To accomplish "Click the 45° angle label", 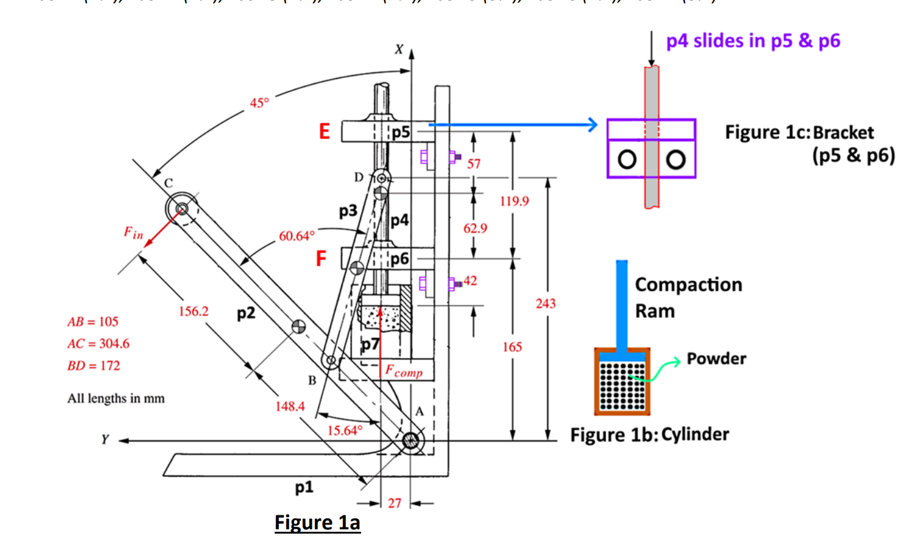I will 259,103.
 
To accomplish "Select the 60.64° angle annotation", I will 297,236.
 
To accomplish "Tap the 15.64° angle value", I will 345,431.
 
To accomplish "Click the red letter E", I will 325,132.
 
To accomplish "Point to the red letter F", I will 321,259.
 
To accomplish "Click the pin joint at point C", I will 181,209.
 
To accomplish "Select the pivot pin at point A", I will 411,440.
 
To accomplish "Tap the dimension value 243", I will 546,303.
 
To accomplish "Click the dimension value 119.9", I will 514,201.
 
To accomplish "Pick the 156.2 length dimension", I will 193,311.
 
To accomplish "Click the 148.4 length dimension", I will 290,406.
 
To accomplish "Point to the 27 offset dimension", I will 395,503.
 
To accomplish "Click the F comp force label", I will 404,371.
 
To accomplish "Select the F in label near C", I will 133,233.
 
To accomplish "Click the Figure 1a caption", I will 317,523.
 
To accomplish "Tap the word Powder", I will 716,359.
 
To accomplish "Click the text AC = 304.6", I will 98,344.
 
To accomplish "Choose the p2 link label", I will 246,313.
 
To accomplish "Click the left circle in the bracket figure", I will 627,160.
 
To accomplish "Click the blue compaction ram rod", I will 621,305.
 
